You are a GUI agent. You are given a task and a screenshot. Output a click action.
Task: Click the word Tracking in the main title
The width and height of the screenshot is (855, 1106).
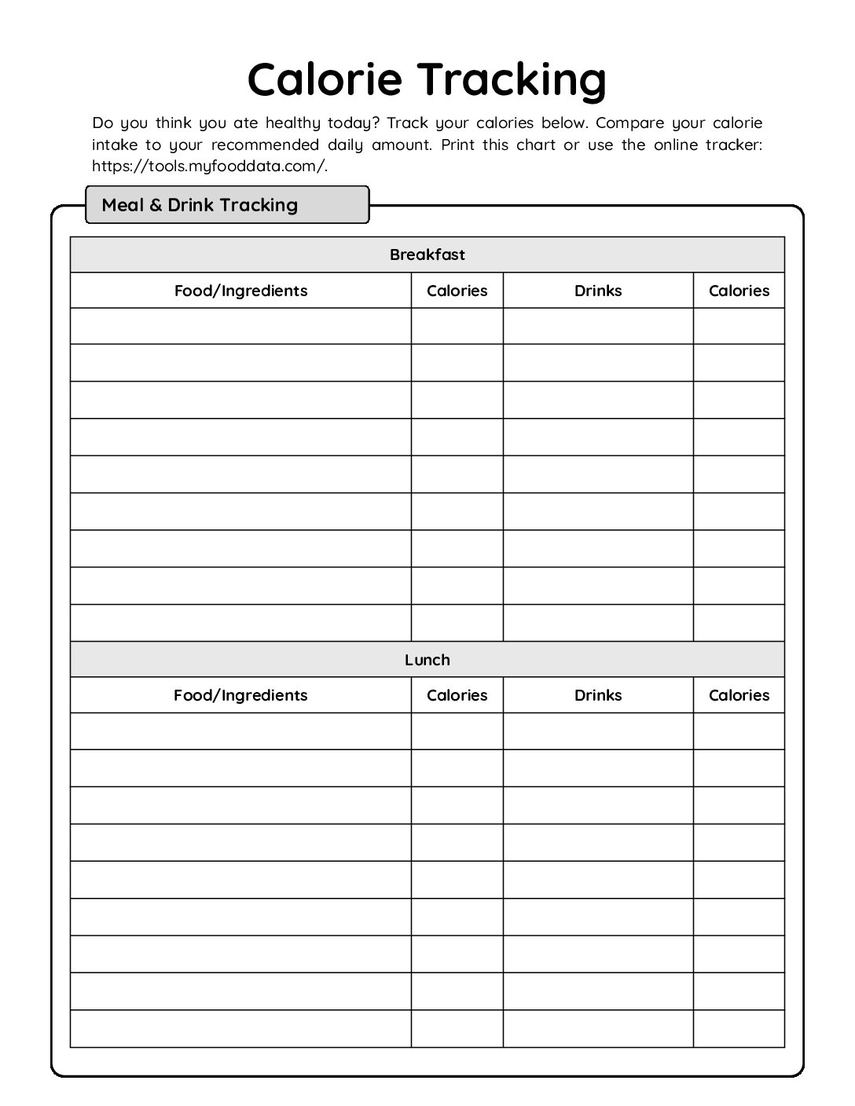(512, 79)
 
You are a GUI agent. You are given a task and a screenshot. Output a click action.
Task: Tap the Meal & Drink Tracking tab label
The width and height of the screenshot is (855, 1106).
(200, 205)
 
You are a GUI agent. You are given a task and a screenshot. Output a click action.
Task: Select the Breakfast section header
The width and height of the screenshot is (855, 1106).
(427, 255)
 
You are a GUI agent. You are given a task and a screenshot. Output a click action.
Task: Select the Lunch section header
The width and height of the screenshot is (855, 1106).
(427, 660)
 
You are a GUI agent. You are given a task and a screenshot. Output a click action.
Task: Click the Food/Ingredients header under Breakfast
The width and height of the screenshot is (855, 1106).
(240, 291)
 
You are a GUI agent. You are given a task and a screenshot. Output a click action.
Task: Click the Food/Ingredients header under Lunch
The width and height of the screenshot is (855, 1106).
(240, 695)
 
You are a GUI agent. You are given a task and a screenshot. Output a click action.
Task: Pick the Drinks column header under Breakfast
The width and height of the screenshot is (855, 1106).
(598, 291)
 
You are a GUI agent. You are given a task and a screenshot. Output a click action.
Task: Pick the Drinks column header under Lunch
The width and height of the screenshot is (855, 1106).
(598, 695)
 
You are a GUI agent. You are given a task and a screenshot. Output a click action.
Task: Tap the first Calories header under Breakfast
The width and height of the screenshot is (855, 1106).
(457, 291)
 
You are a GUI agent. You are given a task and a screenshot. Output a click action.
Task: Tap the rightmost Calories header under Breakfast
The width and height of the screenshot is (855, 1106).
(739, 291)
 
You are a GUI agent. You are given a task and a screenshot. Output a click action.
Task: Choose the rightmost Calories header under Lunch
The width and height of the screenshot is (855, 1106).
(739, 695)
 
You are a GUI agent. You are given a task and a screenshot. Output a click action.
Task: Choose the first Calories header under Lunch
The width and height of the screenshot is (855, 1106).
(457, 695)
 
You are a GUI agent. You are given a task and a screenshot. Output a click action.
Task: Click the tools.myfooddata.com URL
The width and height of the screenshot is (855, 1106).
(209, 166)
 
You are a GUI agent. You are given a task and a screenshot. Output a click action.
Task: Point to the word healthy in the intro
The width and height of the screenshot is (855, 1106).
(292, 123)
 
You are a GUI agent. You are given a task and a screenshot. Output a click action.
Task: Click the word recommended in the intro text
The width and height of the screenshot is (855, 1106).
(265, 145)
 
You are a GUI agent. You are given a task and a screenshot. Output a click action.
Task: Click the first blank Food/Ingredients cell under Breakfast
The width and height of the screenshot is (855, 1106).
(240, 326)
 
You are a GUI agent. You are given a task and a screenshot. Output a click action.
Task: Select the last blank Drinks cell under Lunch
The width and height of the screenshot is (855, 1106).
(598, 1028)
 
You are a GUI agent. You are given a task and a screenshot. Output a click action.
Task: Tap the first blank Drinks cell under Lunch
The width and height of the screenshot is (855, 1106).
(598, 731)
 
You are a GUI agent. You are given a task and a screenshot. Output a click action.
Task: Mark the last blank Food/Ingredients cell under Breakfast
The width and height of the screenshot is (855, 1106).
(240, 623)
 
